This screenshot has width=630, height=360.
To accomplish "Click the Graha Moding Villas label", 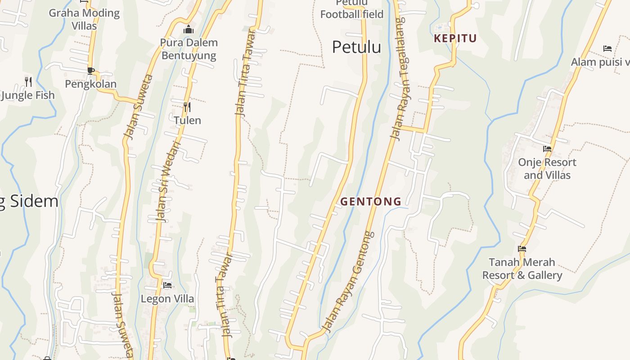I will [84, 19].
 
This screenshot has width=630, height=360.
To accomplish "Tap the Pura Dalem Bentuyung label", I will [189, 49].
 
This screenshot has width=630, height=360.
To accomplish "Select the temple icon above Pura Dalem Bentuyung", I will [189, 30].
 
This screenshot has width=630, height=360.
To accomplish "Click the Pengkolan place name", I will [90, 84].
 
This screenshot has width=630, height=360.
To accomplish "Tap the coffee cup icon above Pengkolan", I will [90, 71].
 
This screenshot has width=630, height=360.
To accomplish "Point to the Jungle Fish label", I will [28, 95].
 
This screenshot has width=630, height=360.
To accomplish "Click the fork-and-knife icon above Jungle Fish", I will [28, 81].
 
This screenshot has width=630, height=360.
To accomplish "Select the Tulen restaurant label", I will [187, 120].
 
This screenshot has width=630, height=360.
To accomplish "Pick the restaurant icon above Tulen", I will [187, 107].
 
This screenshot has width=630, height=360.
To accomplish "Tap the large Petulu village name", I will [356, 47].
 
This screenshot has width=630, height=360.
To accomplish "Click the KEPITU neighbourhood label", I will [455, 39].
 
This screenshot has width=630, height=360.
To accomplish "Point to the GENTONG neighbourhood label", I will [371, 202].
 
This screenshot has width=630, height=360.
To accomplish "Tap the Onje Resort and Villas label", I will [547, 168].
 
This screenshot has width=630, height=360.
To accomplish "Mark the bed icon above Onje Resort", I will [547, 148].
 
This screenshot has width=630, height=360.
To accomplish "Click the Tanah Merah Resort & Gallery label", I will [522, 269].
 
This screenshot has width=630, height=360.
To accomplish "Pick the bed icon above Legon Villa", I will [167, 285].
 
